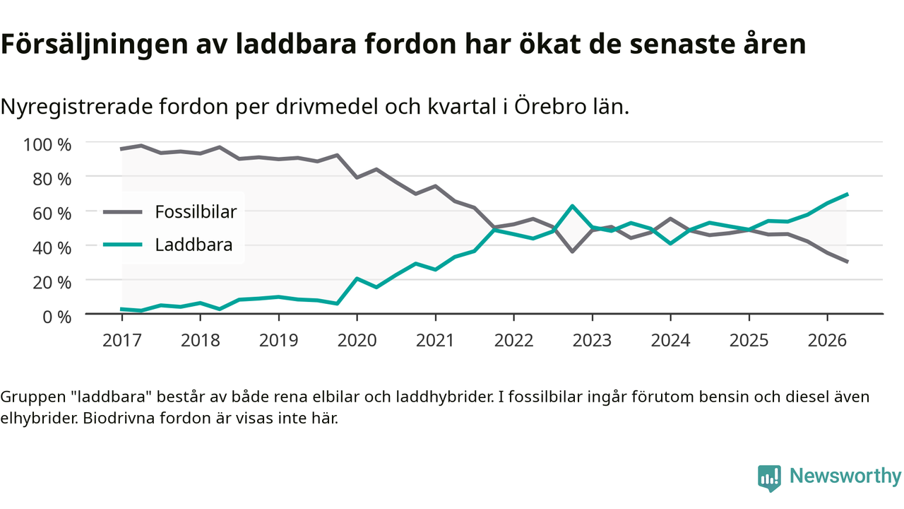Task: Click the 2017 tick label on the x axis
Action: (x=122, y=341)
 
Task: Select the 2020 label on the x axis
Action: (x=357, y=341)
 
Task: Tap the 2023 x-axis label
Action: (x=592, y=341)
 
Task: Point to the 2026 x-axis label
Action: (x=827, y=341)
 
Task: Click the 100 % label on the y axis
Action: (x=47, y=145)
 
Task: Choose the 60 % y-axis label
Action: (x=52, y=213)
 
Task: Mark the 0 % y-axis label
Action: (x=57, y=317)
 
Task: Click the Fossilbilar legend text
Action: (x=196, y=211)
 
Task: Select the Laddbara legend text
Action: (x=194, y=245)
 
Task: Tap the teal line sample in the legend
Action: (x=123, y=245)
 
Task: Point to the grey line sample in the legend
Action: (x=123, y=211)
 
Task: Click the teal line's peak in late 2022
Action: (x=572, y=206)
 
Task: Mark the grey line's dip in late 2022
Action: (x=572, y=252)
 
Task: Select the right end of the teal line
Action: (x=847, y=194)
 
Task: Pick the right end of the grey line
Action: (x=847, y=262)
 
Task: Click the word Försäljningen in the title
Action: (x=95, y=45)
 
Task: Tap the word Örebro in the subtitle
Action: (x=550, y=106)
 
